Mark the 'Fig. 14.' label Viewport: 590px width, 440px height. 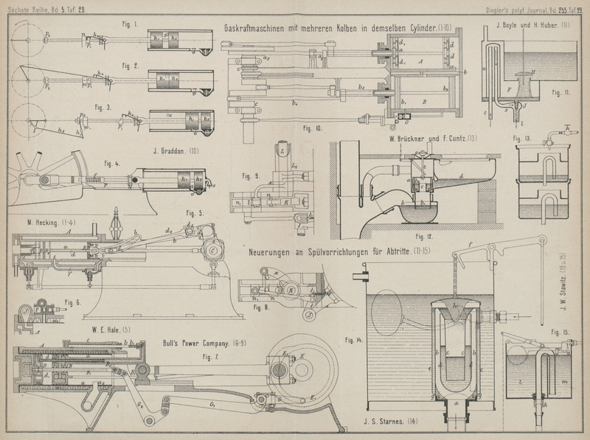tap(355, 341)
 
